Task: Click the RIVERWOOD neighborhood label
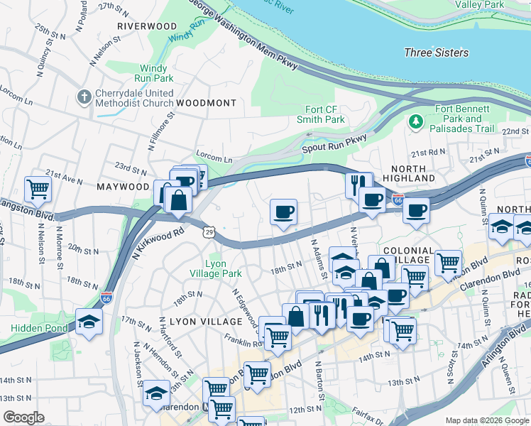(x=147, y=26)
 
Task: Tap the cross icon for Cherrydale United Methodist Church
(x=84, y=97)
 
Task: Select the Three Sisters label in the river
(x=436, y=53)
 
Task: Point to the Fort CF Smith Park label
(x=314, y=114)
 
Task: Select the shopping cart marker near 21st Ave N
(x=38, y=190)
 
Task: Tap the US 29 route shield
(x=209, y=231)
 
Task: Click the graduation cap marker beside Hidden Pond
(x=89, y=321)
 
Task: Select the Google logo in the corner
(x=24, y=417)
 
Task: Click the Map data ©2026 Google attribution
(x=487, y=420)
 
